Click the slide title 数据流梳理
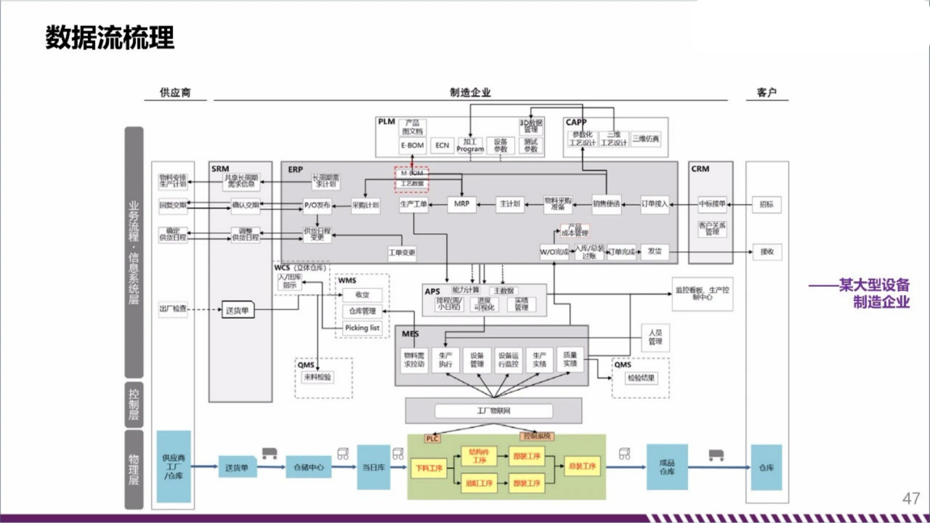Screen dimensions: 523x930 (110, 38)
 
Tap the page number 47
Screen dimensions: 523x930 (911, 498)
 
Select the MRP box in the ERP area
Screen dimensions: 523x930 (461, 205)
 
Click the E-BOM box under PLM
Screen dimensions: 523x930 (413, 145)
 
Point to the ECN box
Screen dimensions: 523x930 (442, 145)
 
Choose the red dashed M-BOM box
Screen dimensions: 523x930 (412, 179)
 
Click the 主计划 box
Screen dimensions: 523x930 (509, 205)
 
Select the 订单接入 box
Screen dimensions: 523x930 (655, 205)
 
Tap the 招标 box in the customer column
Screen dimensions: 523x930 (767, 205)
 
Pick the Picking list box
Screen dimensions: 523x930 (362, 328)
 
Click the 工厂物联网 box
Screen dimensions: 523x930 (493, 411)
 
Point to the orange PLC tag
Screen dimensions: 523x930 (432, 439)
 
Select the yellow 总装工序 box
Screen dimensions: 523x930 (583, 467)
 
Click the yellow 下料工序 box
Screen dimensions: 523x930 (428, 468)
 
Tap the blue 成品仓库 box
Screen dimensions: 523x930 (667, 467)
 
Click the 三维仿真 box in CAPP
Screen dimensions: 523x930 (646, 139)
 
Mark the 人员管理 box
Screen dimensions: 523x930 (655, 337)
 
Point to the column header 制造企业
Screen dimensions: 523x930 (470, 92)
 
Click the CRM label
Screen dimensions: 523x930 (700, 169)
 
